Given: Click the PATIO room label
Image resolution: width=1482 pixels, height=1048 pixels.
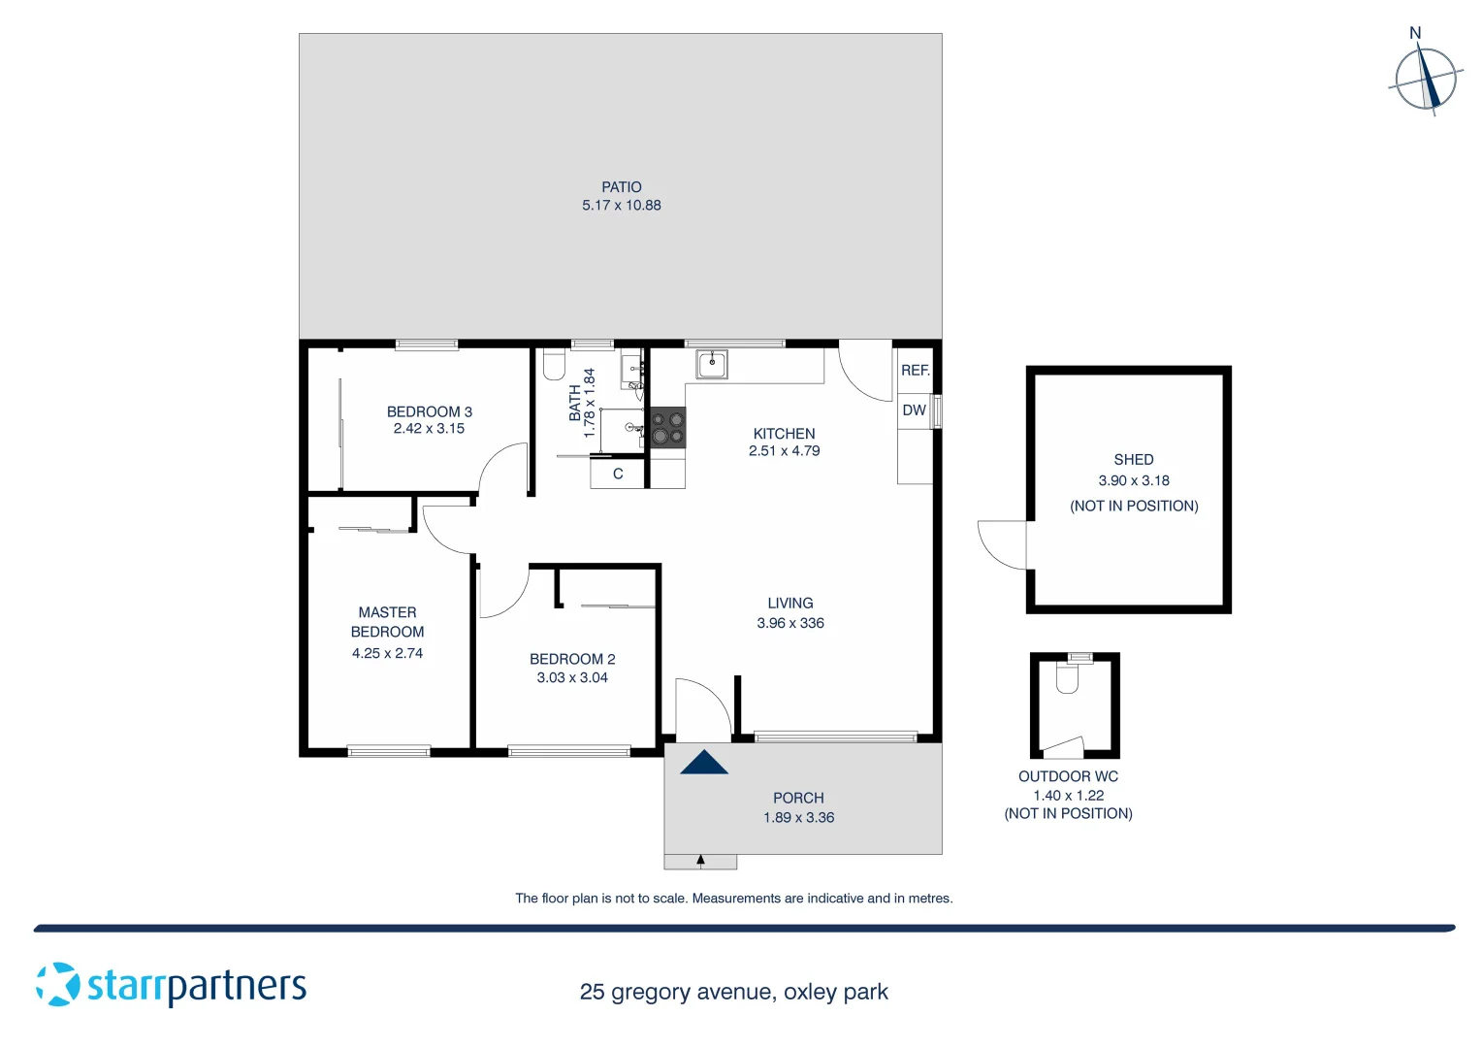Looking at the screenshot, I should (621, 187).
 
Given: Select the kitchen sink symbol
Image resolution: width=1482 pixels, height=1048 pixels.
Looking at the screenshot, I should (711, 365).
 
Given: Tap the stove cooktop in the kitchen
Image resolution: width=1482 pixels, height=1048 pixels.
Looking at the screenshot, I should (667, 428).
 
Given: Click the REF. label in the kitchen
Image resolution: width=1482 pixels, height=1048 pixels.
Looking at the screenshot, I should (915, 370).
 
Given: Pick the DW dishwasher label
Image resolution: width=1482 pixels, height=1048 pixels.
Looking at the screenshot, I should (914, 410).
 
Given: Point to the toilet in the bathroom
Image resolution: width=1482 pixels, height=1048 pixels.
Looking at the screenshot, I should (554, 365).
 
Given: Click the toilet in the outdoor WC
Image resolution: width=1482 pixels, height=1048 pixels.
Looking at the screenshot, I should (1067, 677).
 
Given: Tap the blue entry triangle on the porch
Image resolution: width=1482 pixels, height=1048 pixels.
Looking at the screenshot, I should (704, 763).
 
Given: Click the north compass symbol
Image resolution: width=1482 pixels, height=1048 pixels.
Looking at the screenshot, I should (1425, 79).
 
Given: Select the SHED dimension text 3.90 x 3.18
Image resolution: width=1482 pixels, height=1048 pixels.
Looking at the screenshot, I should (1133, 480).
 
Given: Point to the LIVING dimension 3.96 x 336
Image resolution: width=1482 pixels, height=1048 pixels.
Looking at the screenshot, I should (789, 623).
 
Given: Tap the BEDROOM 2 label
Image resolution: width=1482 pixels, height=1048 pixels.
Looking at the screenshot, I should (572, 659).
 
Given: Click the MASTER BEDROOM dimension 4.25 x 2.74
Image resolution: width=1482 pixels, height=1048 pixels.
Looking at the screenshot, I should (387, 653).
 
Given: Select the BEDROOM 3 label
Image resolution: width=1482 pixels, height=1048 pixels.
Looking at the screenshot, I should (429, 411).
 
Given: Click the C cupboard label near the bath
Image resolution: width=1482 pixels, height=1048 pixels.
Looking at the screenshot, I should (618, 475).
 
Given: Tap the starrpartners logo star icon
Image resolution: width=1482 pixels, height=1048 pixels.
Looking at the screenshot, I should (58, 984).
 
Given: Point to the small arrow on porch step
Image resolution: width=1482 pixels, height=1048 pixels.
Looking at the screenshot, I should (700, 861).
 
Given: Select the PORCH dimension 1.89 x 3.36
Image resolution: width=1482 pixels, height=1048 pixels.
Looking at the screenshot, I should (798, 817).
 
